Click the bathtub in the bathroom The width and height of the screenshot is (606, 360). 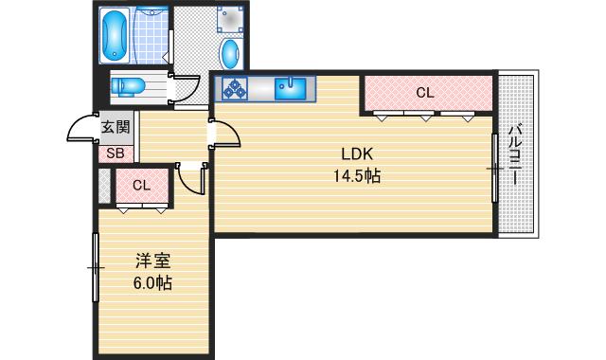point(116,34)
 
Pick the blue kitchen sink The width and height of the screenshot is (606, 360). point(292,89)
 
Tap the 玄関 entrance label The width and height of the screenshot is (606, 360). point(116,127)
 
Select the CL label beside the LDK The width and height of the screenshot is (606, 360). point(424,93)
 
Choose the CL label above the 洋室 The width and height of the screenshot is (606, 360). point(141,185)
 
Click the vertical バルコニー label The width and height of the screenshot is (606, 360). point(515,154)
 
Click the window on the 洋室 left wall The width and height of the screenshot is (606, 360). point(96,267)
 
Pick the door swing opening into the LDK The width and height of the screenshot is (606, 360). point(225,133)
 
